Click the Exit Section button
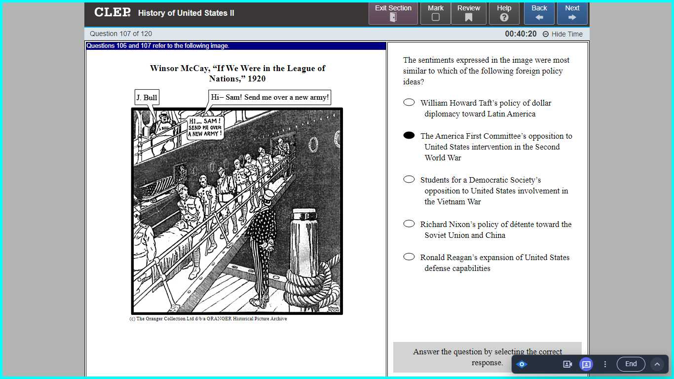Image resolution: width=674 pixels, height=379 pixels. (x=393, y=13)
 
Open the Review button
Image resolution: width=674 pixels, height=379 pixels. (x=468, y=13)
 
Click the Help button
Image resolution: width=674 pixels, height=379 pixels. (x=504, y=13)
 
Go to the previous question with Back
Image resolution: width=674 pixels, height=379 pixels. (x=539, y=13)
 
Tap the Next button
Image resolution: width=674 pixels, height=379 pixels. (x=572, y=13)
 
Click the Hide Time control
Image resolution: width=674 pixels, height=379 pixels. (x=562, y=34)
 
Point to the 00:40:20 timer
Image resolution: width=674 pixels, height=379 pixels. (x=521, y=34)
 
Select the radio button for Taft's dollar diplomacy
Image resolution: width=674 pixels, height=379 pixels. (x=409, y=103)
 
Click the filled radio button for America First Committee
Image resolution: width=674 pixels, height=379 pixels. (x=409, y=136)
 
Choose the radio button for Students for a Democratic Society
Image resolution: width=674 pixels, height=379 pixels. (x=409, y=180)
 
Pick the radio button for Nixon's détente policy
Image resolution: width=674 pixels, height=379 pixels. (x=409, y=224)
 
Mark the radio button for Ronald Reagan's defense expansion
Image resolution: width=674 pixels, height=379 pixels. (x=409, y=257)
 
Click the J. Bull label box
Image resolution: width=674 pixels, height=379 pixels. (x=147, y=98)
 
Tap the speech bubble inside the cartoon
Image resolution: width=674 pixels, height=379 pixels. (x=205, y=127)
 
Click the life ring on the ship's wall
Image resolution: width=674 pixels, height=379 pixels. (x=313, y=144)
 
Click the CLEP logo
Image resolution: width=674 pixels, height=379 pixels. (x=112, y=12)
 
